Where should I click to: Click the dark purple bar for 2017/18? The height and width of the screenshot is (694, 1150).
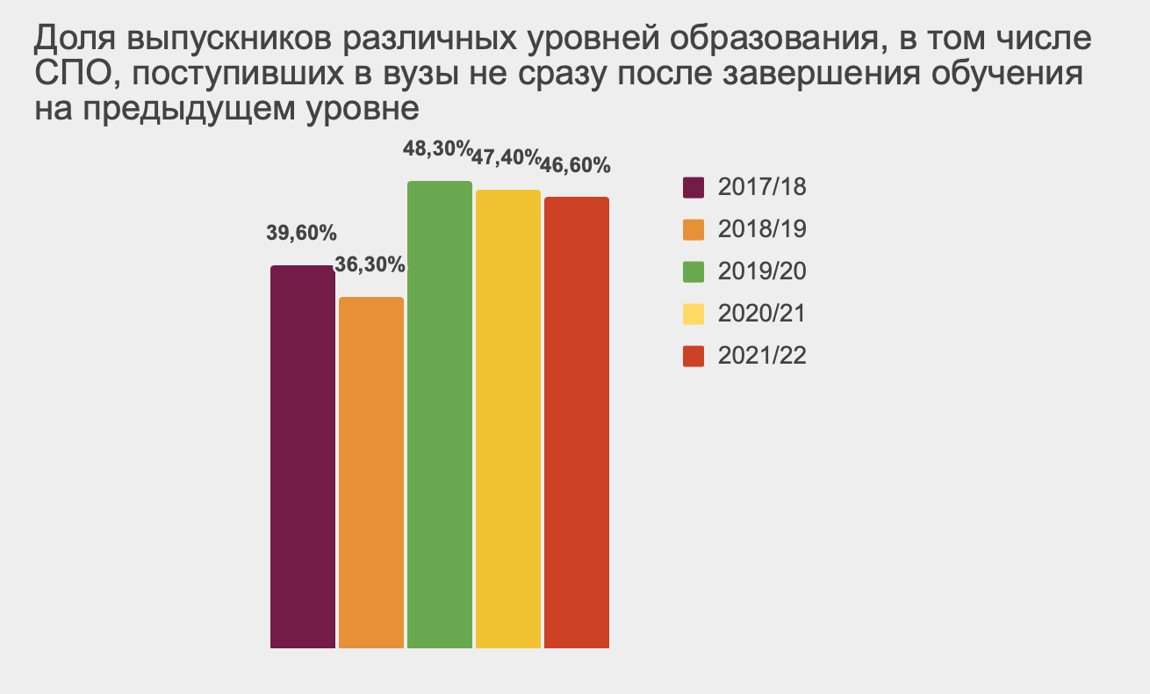pyautogui.click(x=303, y=457)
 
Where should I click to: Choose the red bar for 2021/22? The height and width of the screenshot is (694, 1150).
pyautogui.click(x=577, y=423)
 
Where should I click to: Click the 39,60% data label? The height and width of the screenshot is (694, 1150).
pyautogui.click(x=302, y=234)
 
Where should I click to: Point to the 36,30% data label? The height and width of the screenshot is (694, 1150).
pyautogui.click(x=370, y=264)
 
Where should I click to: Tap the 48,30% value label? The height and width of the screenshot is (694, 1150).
pyautogui.click(x=437, y=149)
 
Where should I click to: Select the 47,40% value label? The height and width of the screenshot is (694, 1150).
pyautogui.click(x=506, y=158)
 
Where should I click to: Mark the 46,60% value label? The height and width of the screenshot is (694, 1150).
pyautogui.click(x=576, y=165)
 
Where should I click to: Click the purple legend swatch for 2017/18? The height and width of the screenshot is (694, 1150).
pyautogui.click(x=694, y=188)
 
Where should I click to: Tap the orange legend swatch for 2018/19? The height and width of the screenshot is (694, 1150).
pyautogui.click(x=694, y=230)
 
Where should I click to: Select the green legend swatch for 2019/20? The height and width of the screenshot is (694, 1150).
pyautogui.click(x=694, y=272)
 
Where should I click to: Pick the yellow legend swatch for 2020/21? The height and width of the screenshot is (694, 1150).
pyautogui.click(x=694, y=314)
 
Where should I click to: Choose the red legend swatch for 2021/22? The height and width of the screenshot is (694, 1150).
pyautogui.click(x=694, y=357)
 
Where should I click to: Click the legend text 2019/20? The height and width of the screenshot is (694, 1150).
pyautogui.click(x=761, y=272)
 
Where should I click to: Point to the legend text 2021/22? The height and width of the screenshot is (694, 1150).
pyautogui.click(x=761, y=357)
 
